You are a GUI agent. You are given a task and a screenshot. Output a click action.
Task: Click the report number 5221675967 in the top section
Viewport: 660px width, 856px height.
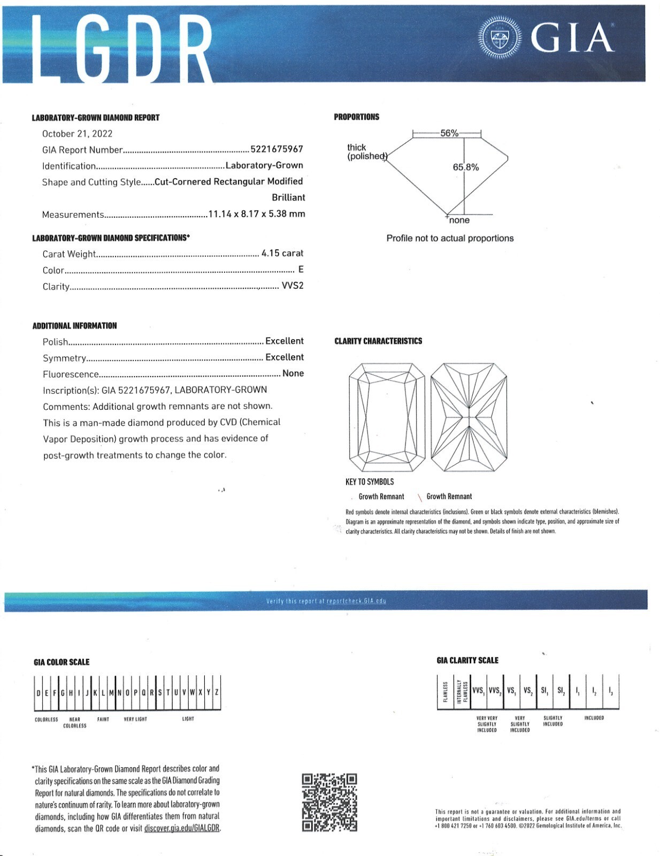[277, 149]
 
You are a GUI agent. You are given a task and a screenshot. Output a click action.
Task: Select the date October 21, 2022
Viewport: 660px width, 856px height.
[77, 134]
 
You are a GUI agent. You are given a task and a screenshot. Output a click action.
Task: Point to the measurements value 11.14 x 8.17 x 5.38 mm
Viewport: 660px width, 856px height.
[256, 214]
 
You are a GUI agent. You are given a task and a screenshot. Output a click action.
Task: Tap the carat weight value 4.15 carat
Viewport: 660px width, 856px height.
[282, 253]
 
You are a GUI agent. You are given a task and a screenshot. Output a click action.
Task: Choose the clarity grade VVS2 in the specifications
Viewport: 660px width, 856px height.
[292, 286]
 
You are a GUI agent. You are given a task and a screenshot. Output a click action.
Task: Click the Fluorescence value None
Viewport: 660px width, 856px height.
[293, 373]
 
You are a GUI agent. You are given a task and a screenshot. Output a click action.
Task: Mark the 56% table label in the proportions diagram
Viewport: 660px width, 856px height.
[449, 133]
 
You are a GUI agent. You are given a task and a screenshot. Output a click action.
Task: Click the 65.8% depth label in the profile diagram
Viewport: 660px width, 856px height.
[465, 167]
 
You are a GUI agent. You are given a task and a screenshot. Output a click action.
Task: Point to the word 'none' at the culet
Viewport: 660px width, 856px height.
[459, 220]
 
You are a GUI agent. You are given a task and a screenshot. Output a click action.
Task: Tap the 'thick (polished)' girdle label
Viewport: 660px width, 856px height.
[366, 152]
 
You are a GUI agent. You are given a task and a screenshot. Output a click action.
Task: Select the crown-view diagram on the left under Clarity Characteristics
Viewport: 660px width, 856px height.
[387, 418]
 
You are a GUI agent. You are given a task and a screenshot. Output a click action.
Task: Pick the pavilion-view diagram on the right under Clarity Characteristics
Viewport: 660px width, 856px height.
[469, 418]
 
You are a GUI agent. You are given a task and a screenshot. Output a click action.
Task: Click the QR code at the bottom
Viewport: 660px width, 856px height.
[329, 802]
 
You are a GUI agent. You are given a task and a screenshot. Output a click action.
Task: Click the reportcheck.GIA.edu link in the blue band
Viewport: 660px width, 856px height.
[356, 601]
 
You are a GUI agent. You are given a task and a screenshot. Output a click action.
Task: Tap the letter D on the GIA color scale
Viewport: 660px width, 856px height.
[39, 693]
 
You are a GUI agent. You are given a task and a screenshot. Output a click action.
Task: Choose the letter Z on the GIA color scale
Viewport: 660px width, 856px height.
[217, 692]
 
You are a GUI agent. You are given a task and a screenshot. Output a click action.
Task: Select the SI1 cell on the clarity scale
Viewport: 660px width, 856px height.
[544, 691]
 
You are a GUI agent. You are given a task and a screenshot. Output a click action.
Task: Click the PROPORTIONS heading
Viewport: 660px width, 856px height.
[356, 117]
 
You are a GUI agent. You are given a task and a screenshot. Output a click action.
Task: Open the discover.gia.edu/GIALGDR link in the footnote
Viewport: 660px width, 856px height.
[182, 828]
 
